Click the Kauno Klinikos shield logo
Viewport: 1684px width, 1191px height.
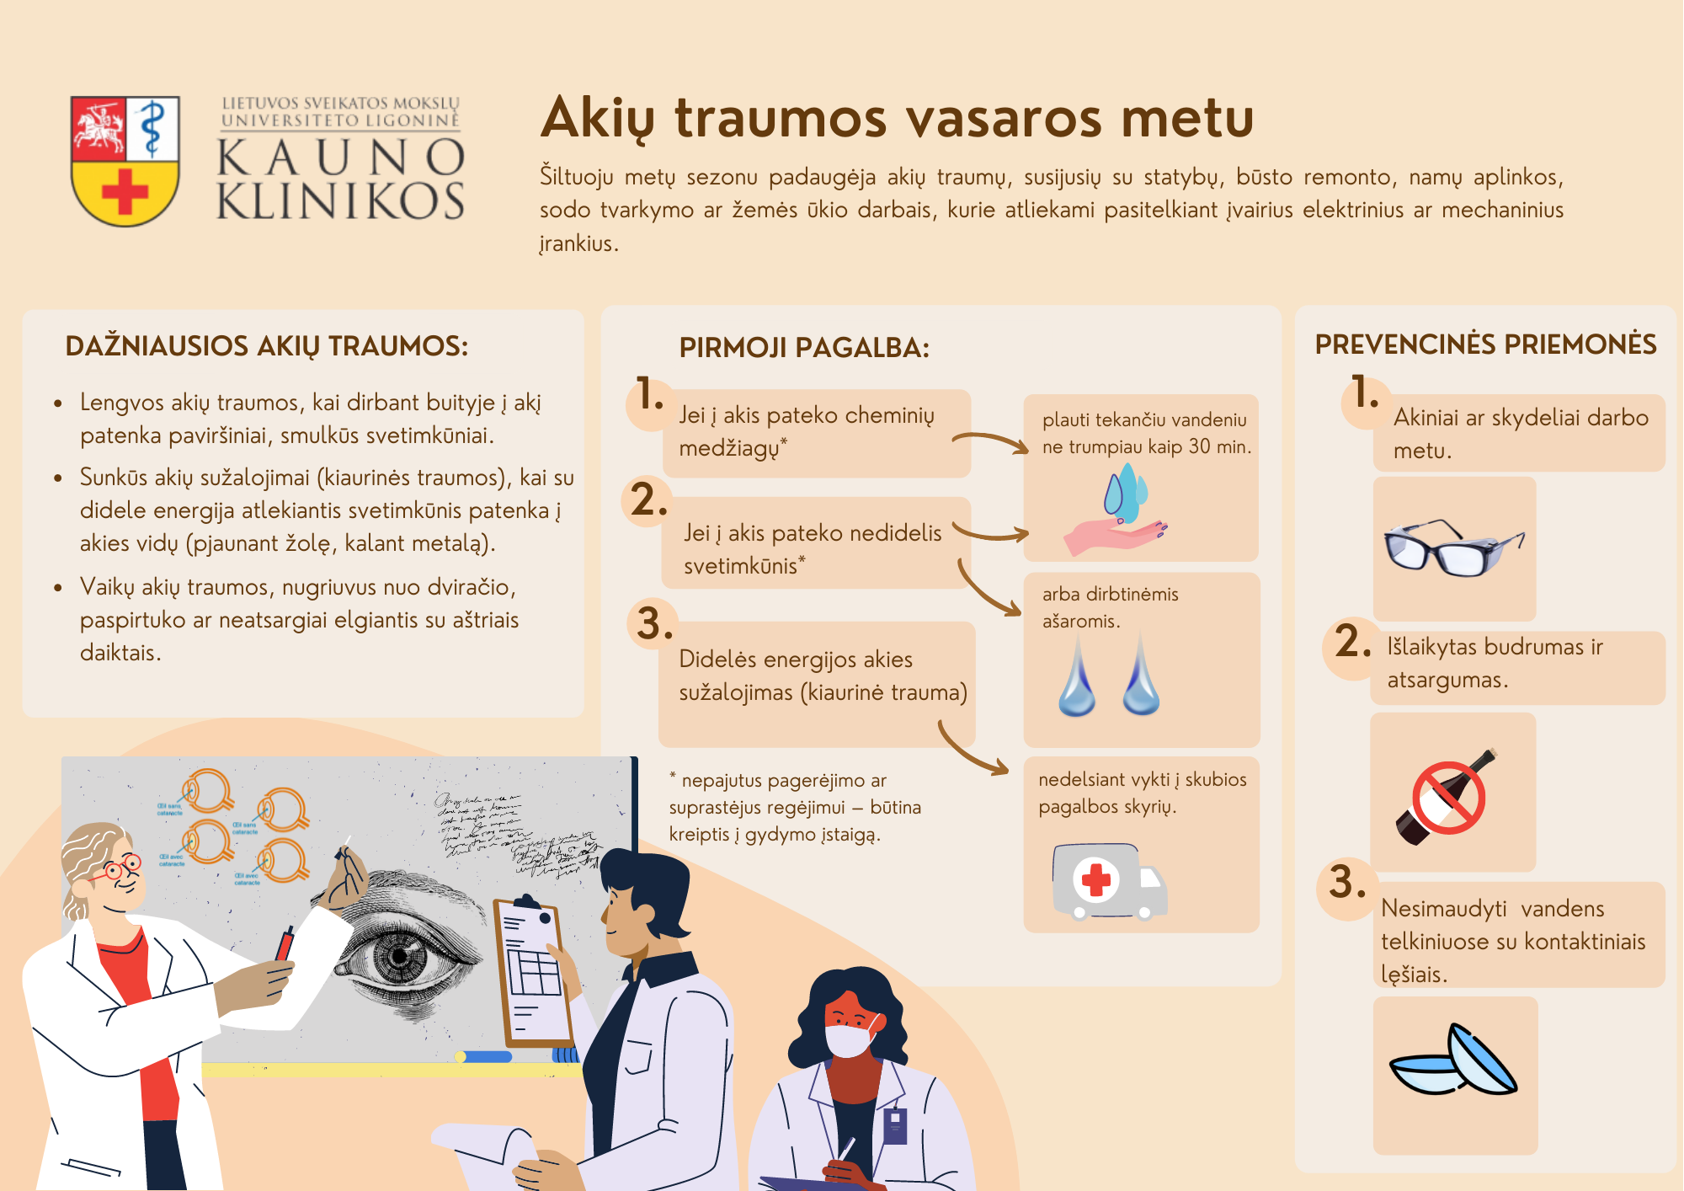coord(125,160)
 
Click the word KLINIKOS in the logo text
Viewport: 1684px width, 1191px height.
coord(340,202)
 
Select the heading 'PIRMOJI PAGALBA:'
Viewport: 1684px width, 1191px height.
coord(804,347)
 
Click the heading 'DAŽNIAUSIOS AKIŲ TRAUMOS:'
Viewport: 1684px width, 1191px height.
coord(266,345)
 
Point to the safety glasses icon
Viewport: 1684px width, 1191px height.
coord(1454,547)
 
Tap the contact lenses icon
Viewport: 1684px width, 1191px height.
coord(1454,1065)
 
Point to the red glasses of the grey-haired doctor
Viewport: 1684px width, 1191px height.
coord(121,868)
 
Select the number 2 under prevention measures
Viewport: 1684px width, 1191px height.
coord(1351,642)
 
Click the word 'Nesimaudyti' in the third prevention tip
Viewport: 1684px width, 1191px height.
coord(1444,908)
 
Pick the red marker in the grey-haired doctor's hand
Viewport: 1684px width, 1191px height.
coord(285,943)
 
